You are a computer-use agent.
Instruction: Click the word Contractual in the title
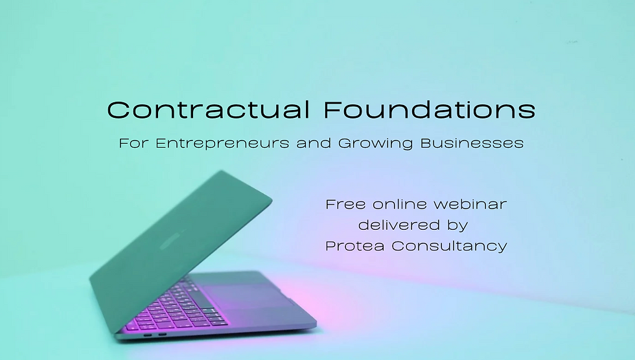209,109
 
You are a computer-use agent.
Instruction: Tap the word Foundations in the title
430,109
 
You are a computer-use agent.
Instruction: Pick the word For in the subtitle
133,143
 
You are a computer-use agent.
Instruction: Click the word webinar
470,205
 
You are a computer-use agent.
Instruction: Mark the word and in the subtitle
314,143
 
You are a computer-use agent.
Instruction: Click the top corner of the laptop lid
221,172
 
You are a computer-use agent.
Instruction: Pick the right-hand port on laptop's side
161,335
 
